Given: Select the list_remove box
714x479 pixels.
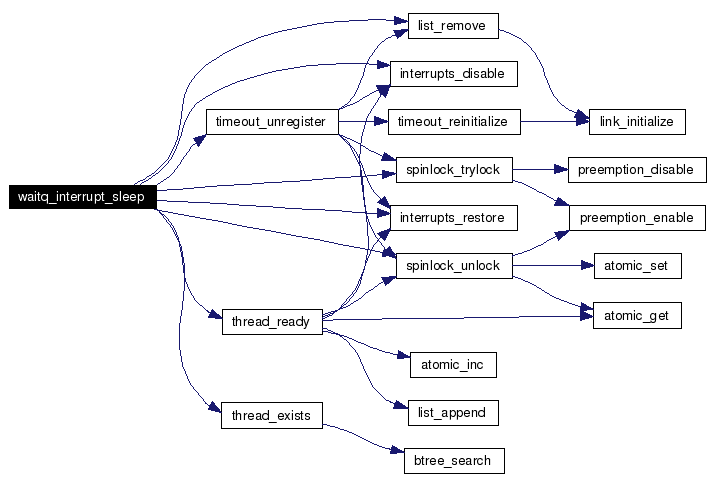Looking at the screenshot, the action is point(453,26).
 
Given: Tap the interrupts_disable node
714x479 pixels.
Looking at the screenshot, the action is point(454,74).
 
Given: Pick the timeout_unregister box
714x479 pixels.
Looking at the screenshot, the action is point(272,122).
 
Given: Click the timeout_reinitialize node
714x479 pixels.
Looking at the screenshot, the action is point(454,122).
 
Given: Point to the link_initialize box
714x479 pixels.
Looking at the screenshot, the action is point(637,122).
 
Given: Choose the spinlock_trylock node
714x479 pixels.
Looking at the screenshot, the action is point(454,170).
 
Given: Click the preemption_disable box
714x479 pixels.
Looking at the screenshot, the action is point(637,170).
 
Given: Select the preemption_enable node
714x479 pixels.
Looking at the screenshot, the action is point(637,218).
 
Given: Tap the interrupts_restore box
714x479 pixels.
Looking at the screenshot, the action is point(454,218).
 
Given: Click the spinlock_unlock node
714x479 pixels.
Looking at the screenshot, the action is point(454,266).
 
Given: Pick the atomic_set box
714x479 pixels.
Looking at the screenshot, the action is point(638,266).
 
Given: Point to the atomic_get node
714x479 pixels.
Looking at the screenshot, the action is point(637,316).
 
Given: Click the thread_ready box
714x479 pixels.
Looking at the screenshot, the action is point(272,322).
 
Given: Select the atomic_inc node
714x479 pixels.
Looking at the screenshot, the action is point(453,365).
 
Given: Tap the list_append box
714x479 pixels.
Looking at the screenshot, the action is point(453,413).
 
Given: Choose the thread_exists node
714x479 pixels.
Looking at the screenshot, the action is point(272,415).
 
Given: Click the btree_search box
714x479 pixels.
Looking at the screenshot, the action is point(454,461).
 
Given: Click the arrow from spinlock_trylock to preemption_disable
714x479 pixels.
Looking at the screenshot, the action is point(540,170).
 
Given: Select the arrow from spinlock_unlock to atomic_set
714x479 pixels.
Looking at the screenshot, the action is point(553,266).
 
